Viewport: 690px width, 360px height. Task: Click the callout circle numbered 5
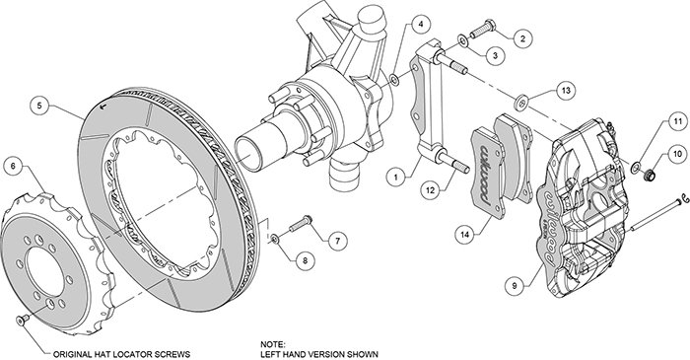coord(40,107)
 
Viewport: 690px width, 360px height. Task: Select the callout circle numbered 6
coord(13,166)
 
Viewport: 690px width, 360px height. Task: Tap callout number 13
coord(566,91)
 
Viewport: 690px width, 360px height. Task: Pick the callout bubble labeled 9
coord(515,286)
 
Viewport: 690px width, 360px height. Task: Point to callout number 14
coord(465,235)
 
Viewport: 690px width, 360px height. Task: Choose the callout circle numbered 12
coord(431,190)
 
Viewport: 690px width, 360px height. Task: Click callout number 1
coord(396,177)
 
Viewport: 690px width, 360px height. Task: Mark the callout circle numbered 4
coord(421,25)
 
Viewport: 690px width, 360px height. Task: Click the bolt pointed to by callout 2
coord(483,29)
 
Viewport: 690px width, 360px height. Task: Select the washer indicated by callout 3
coord(463,40)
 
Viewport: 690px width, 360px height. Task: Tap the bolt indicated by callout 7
coord(301,224)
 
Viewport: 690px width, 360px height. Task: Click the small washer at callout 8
coord(274,240)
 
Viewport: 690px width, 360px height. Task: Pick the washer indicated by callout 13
coord(522,104)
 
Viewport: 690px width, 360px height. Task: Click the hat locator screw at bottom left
coord(22,321)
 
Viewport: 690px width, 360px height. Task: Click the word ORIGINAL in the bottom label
coord(73,354)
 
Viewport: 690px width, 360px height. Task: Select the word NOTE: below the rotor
coord(273,344)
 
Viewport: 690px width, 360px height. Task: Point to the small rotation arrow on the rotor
coord(103,107)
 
